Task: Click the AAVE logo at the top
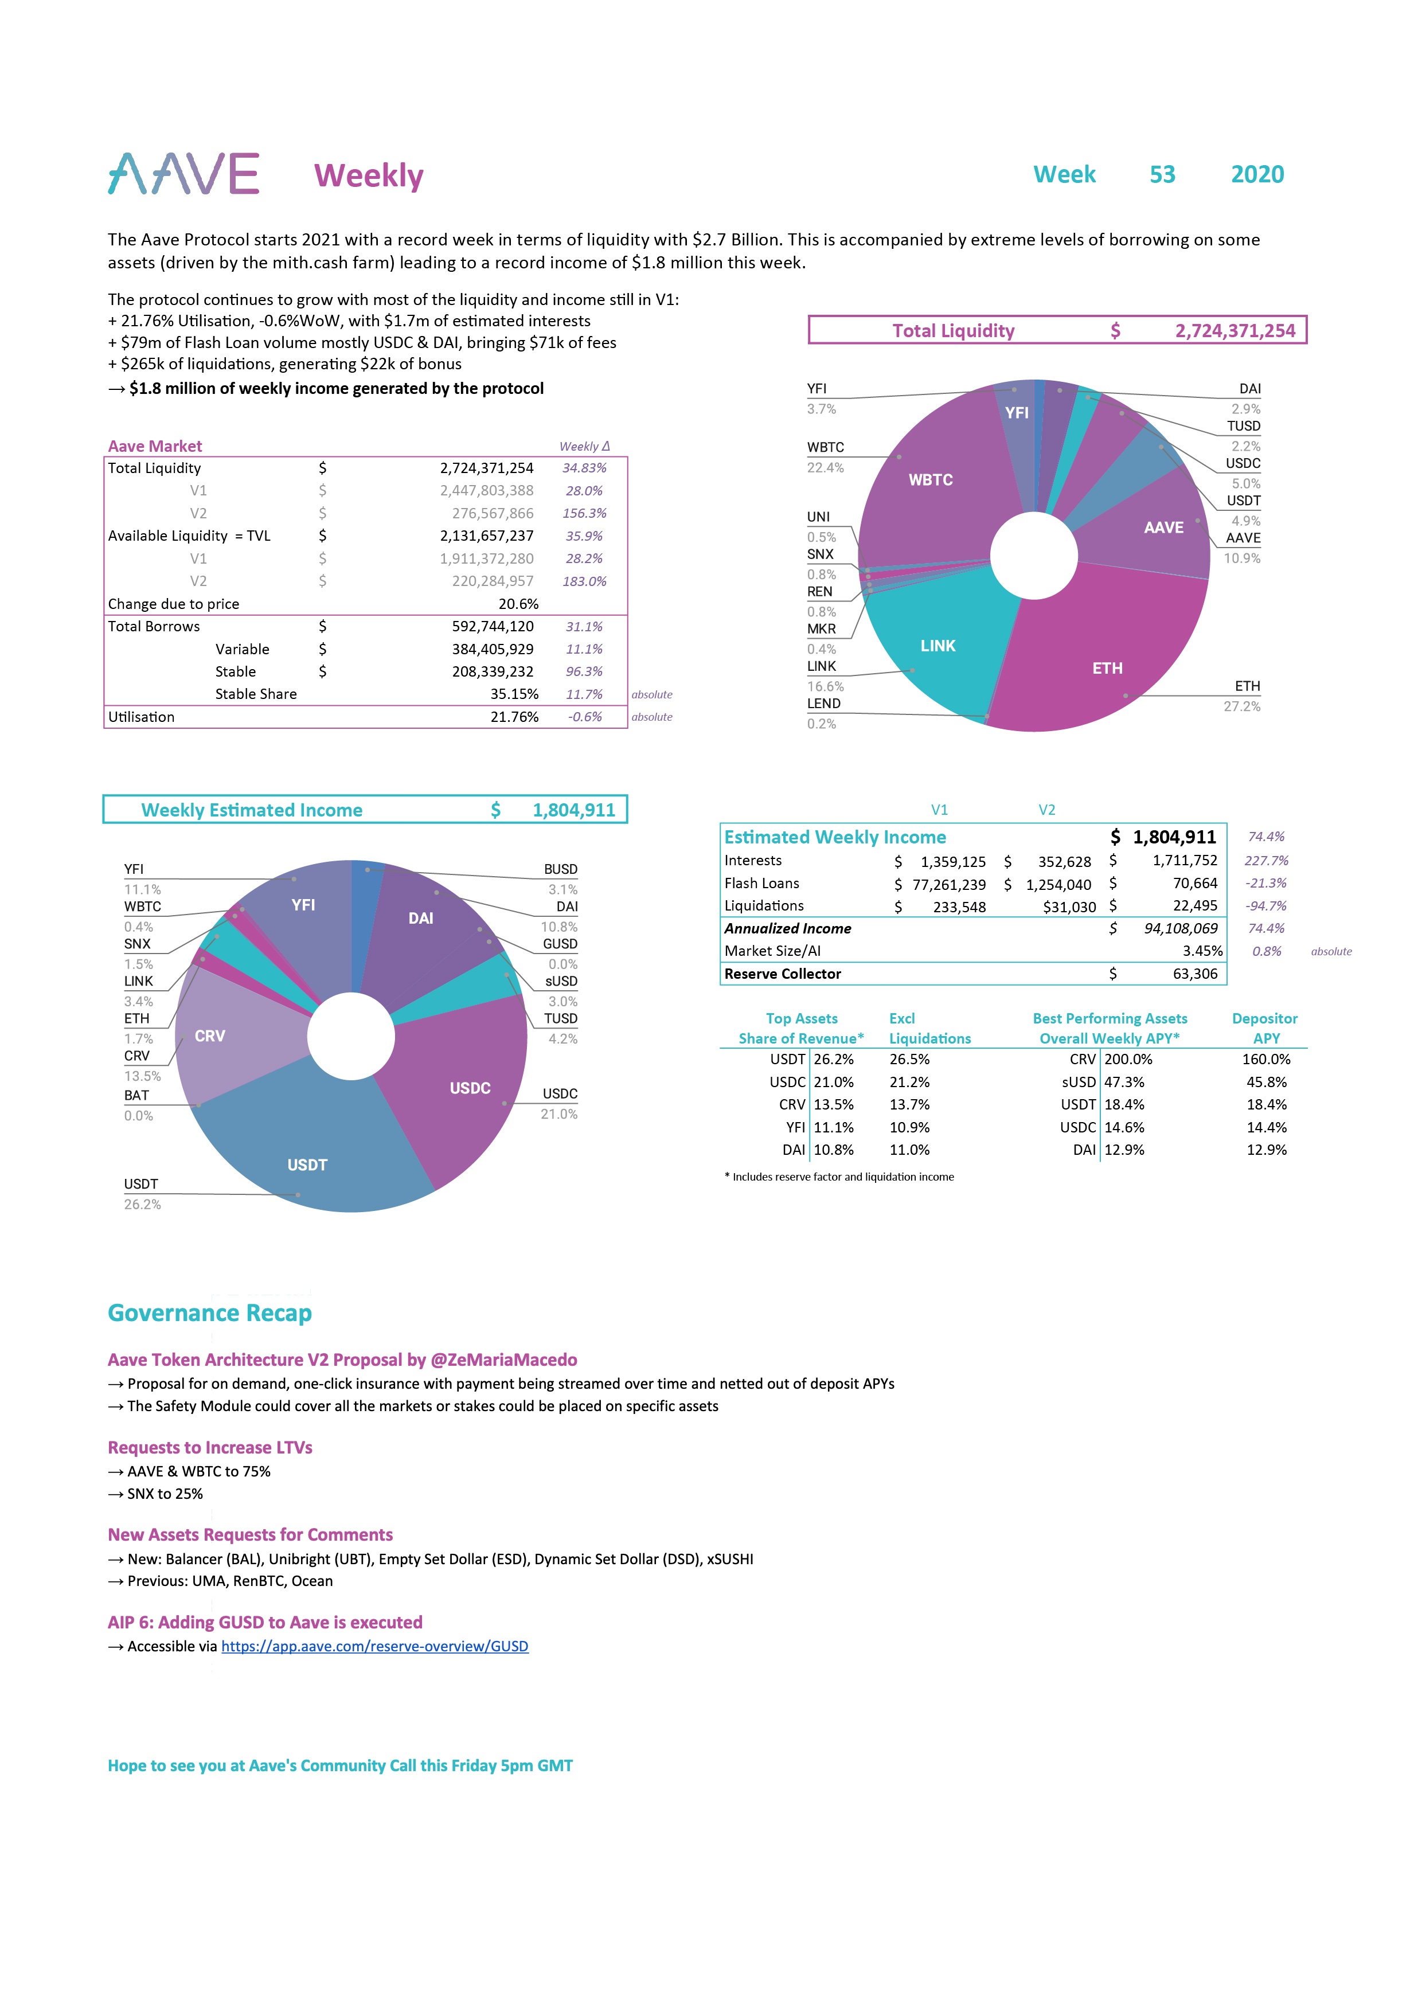click(183, 174)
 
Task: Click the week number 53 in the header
click(1162, 174)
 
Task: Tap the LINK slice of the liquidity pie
click(937, 646)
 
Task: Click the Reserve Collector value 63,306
click(1194, 974)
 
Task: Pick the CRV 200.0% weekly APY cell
click(1128, 1060)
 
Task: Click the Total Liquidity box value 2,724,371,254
click(1235, 330)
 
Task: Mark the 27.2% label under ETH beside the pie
click(1241, 706)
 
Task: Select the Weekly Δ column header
click(584, 446)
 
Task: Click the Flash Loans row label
click(761, 884)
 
